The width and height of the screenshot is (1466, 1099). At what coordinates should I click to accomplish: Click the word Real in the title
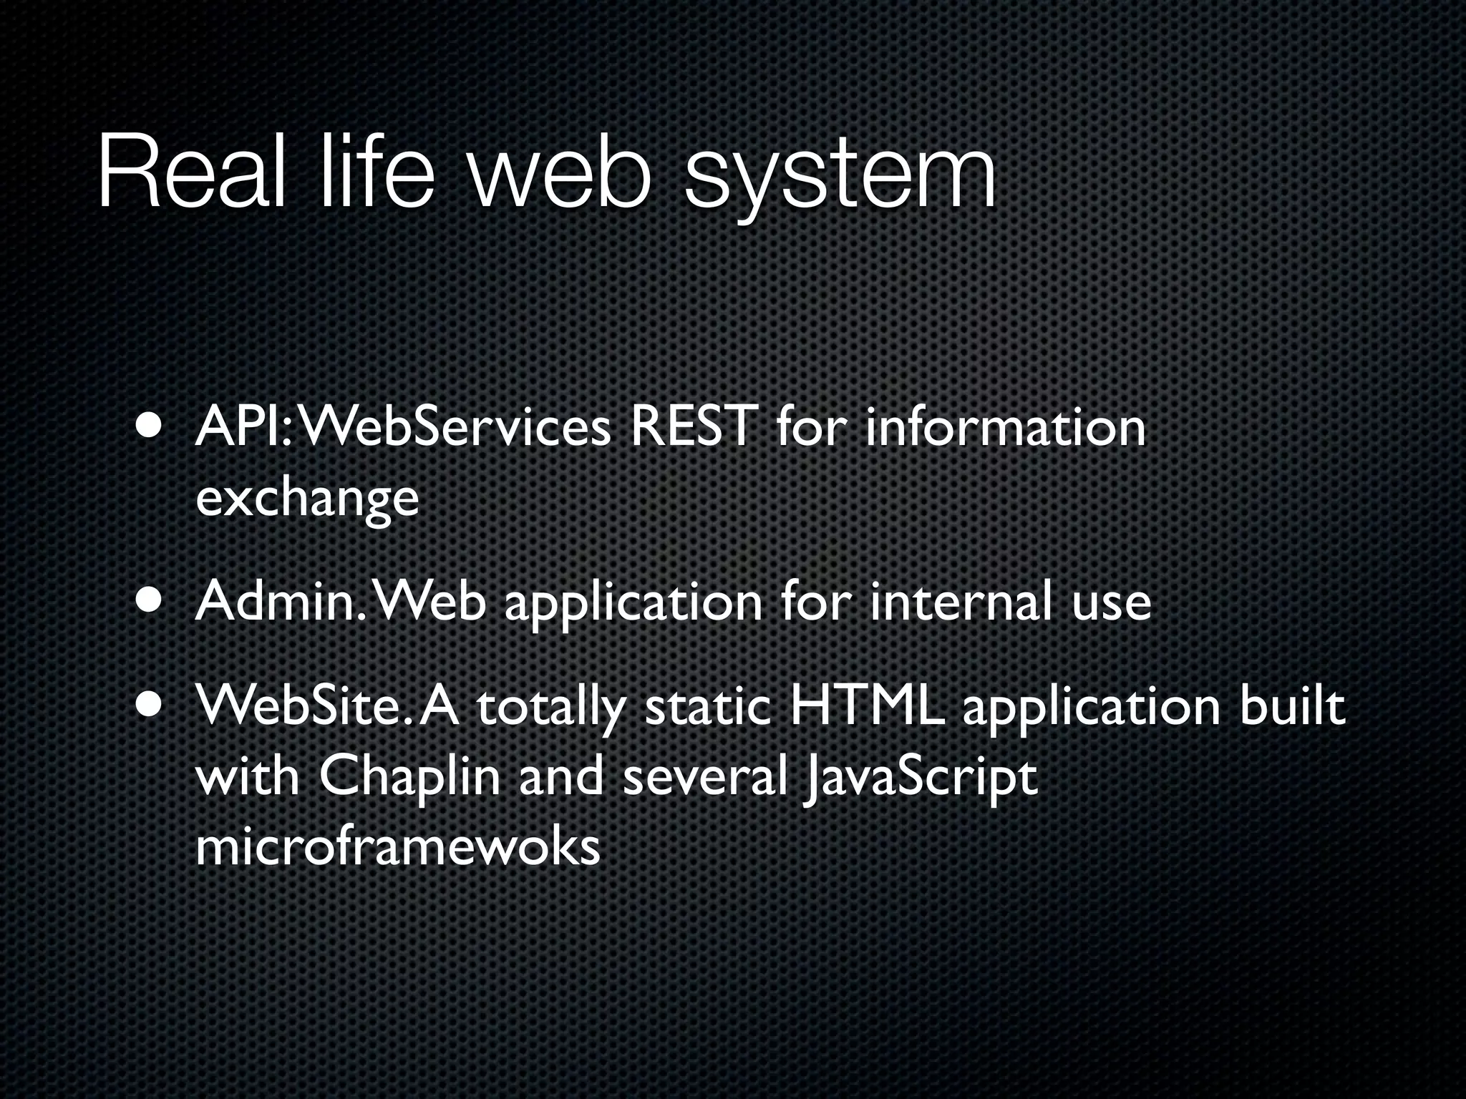click(x=191, y=171)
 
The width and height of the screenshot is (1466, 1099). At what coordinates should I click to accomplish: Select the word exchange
click(x=306, y=499)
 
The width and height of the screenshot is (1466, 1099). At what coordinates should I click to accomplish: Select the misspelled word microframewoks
click(x=397, y=848)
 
